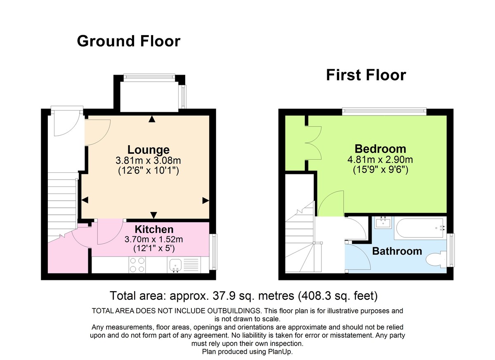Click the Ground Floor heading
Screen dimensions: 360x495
coord(128,41)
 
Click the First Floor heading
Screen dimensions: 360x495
coord(366,75)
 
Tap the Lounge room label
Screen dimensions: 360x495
coord(148,150)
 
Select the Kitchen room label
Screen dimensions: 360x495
coord(154,229)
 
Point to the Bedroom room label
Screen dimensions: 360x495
coord(380,148)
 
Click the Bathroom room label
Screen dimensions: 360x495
coord(397,251)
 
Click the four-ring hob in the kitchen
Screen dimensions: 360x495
coord(137,264)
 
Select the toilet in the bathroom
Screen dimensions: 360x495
coord(435,260)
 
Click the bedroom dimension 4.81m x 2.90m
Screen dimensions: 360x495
coord(380,160)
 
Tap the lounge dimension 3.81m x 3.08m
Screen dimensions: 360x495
coord(148,160)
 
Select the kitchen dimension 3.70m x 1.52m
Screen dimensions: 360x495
coord(154,239)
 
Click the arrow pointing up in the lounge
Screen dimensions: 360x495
coord(152,119)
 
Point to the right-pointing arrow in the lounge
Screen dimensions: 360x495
coord(205,200)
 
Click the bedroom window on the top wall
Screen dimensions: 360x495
coord(384,110)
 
